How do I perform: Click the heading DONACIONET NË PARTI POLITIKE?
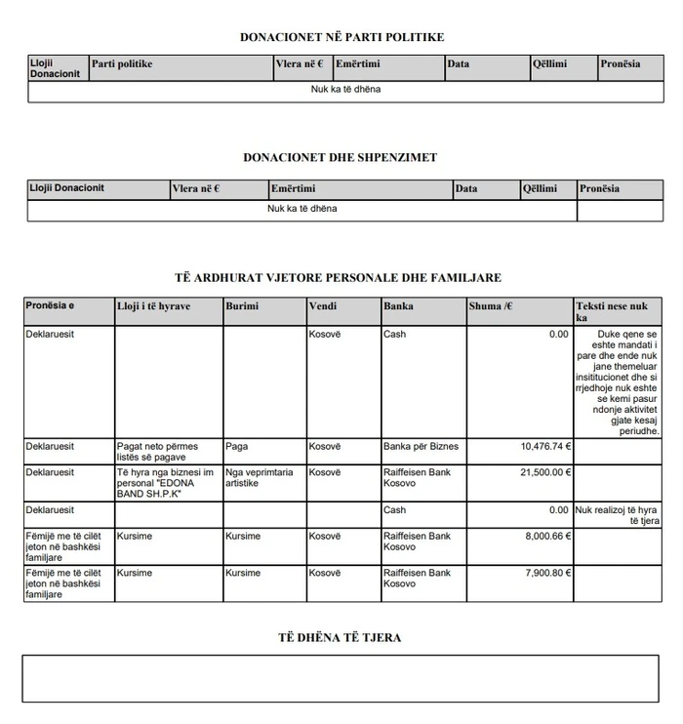[x=341, y=37]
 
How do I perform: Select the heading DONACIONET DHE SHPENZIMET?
[x=341, y=157]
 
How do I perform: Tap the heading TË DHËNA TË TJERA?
[x=341, y=637]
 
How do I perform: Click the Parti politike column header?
[x=122, y=64]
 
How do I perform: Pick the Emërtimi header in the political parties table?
[x=357, y=64]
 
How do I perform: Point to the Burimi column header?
[x=242, y=306]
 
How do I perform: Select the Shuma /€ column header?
[x=491, y=306]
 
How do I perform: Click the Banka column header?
[x=398, y=306]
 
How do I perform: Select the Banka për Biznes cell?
[x=421, y=446]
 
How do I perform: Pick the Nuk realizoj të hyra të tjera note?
[x=616, y=515]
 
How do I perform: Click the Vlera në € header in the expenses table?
[x=196, y=188]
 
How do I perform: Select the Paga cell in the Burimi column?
[x=236, y=446]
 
